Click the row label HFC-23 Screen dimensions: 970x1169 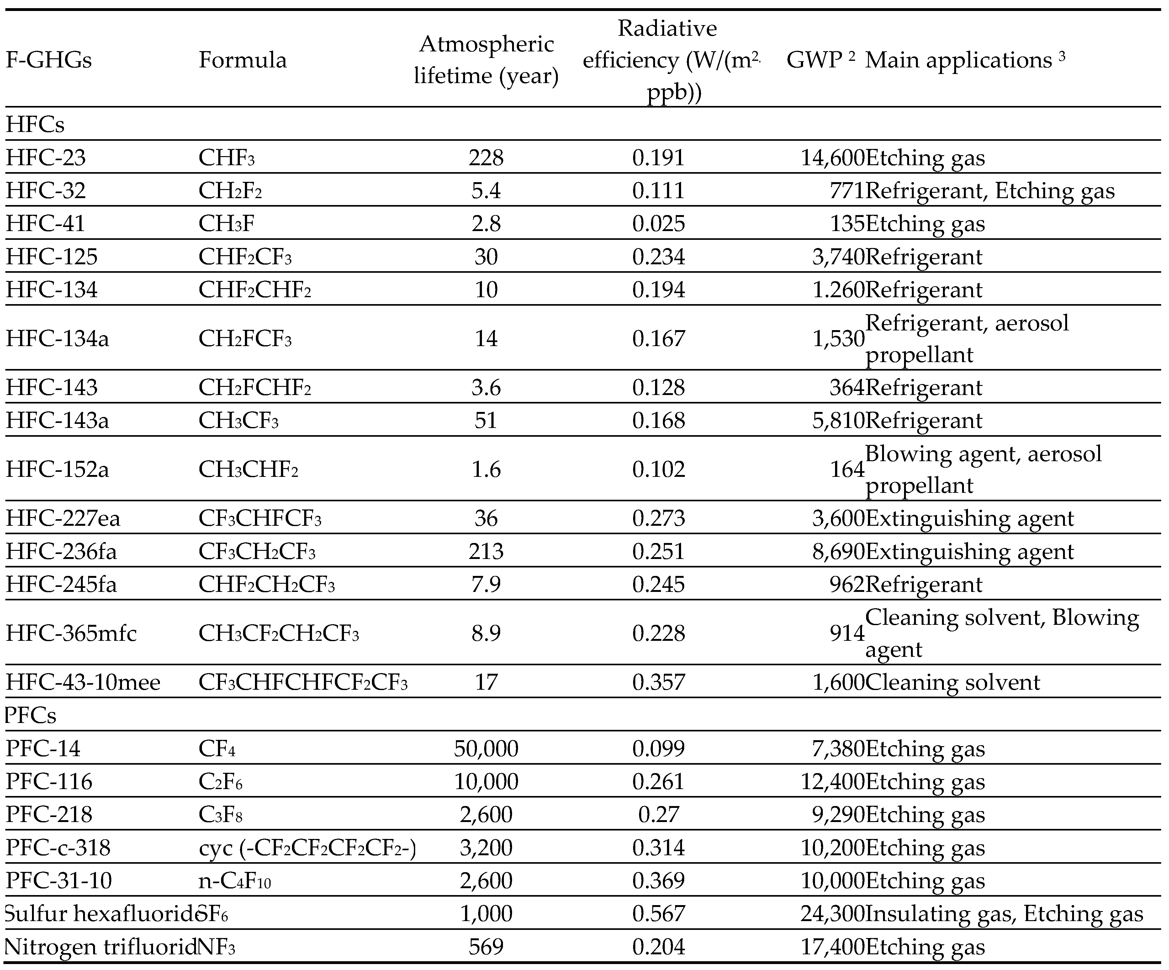[46, 158]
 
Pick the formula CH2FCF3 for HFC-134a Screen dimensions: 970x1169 [245, 338]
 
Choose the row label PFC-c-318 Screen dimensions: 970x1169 [58, 847]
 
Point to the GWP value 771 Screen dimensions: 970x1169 [846, 191]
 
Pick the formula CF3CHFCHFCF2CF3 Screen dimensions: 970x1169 [303, 682]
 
